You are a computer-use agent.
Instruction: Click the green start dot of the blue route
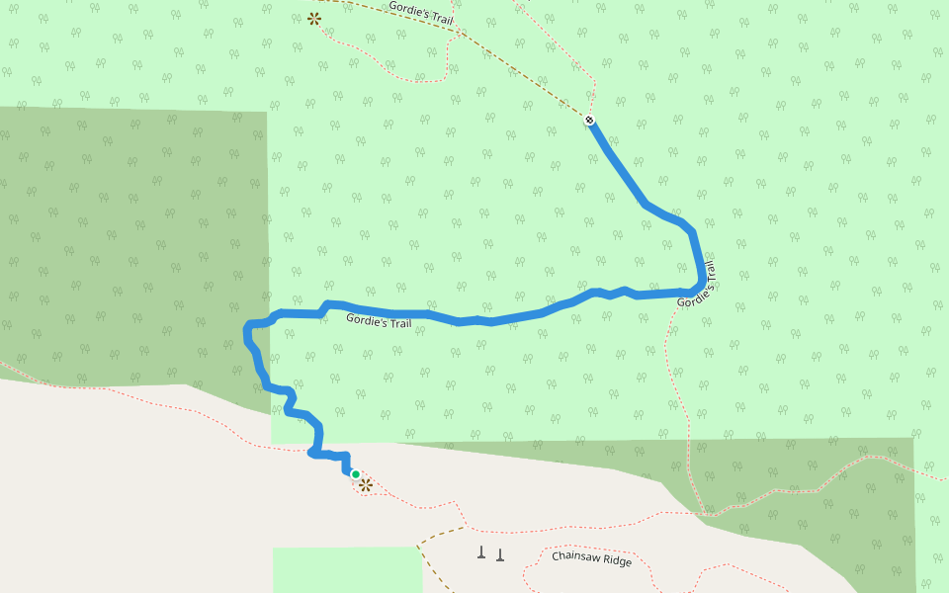[x=356, y=474]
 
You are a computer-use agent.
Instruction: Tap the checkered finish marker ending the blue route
[x=590, y=121]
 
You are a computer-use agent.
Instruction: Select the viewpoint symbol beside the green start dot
[x=366, y=484]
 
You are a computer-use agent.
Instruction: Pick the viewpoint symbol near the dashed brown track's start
[x=314, y=18]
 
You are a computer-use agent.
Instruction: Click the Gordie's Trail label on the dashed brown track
[x=420, y=11]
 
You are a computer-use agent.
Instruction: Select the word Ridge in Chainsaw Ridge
[x=618, y=561]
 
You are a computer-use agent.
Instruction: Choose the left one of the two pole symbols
[x=481, y=552]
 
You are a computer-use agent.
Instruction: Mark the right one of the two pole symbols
[x=500, y=553]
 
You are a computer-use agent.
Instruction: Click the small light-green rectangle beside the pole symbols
[x=346, y=569]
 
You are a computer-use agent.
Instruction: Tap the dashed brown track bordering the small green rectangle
[x=422, y=568]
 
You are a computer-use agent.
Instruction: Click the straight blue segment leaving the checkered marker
[x=617, y=162]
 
